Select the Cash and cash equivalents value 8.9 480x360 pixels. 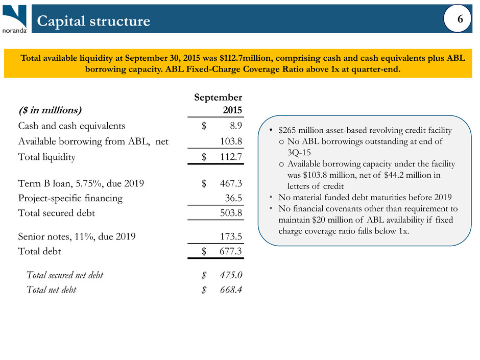[233, 126]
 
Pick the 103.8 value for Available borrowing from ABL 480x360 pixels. [230, 141]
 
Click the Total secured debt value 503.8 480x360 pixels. [230, 213]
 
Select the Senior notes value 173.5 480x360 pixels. [230, 236]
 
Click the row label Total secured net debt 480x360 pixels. [64, 275]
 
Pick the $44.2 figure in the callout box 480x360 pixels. [397, 175]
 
